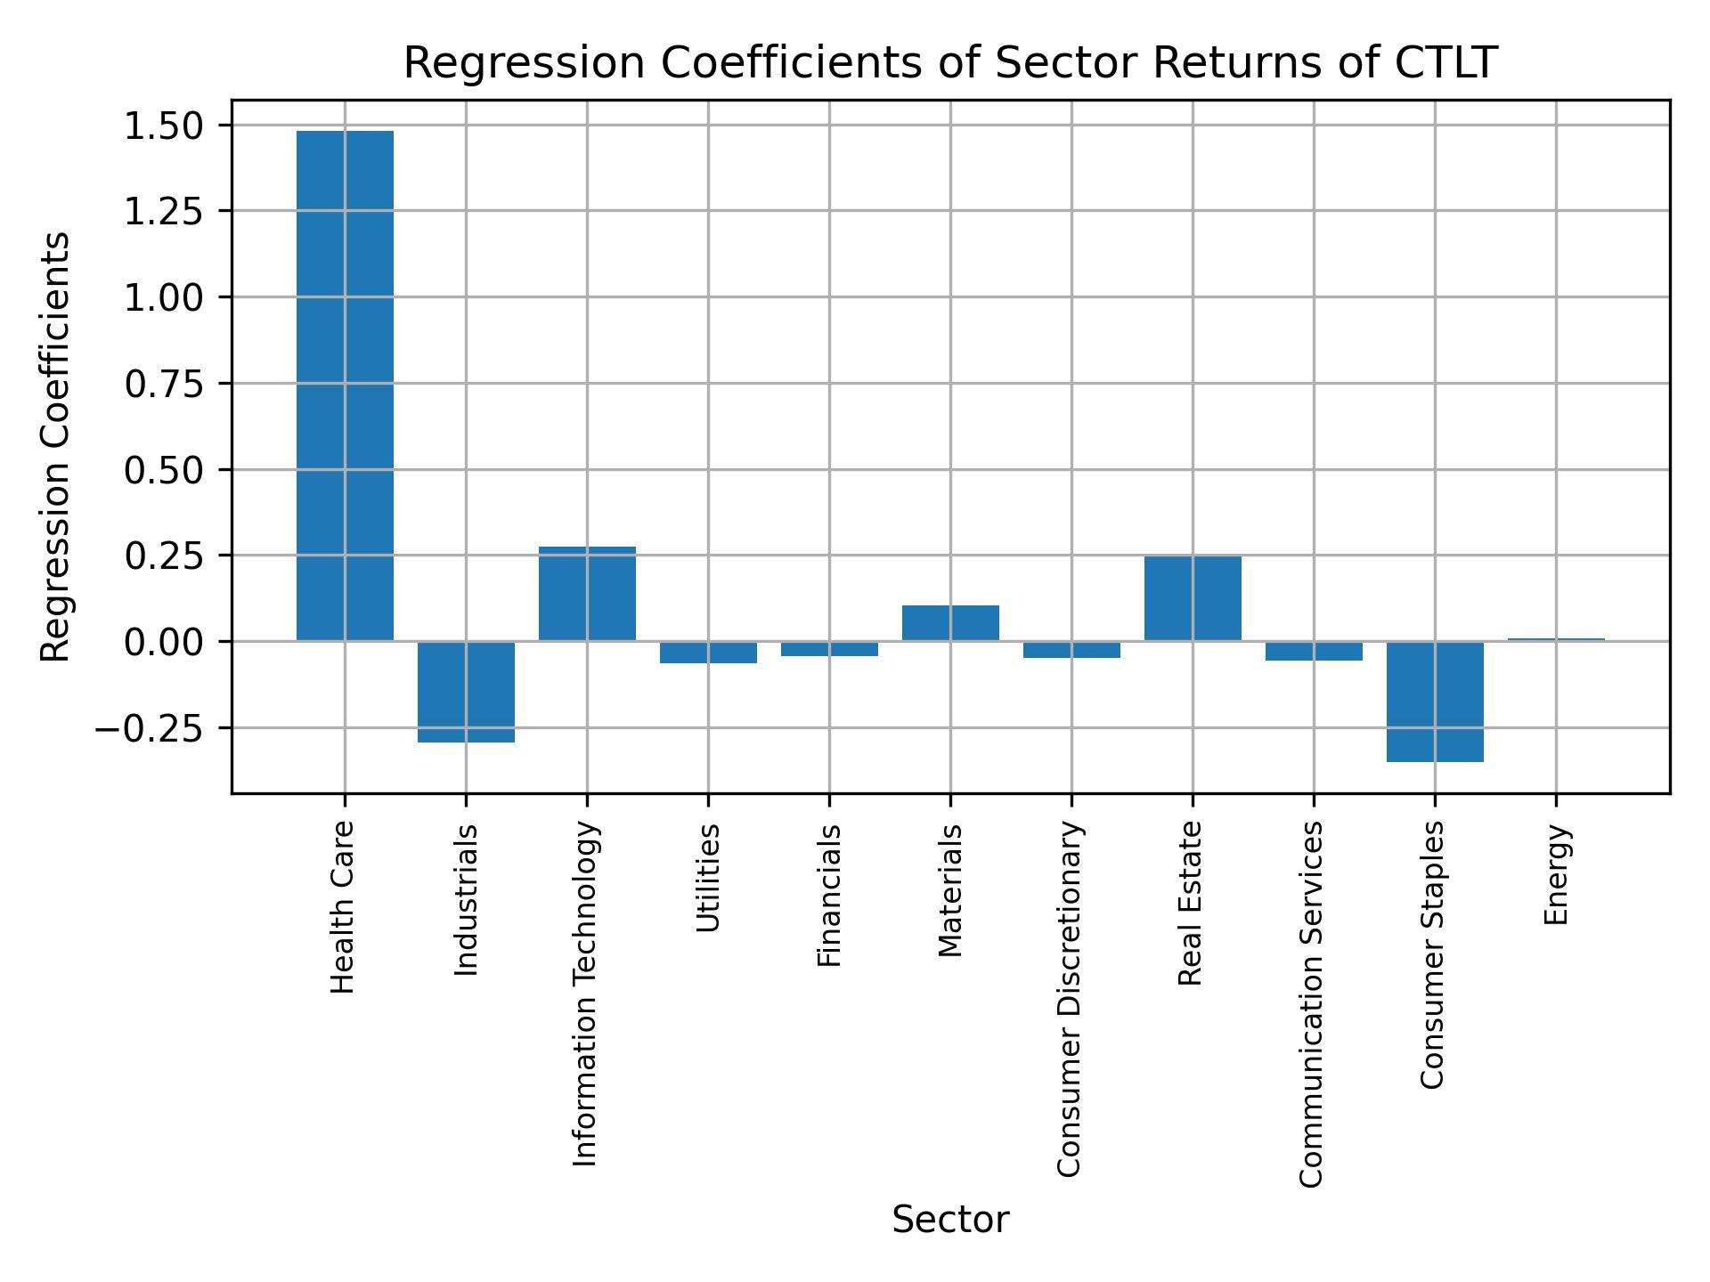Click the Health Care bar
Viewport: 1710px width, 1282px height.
tap(345, 385)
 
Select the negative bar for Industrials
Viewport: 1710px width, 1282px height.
tap(466, 692)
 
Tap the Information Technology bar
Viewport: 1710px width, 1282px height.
tap(587, 594)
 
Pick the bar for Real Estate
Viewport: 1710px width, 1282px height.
tap(1193, 598)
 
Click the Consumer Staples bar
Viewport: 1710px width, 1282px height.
tap(1435, 702)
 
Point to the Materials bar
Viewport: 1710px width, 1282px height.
tap(950, 623)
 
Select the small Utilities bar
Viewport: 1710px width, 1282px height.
tap(708, 653)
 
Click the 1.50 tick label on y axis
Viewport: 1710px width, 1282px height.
tap(164, 126)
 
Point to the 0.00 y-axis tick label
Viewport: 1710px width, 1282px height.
tap(164, 642)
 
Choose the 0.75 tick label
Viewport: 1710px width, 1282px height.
tap(164, 384)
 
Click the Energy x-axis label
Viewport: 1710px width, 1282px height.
tap(1556, 875)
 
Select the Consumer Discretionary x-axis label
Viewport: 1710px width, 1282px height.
tap(1071, 1000)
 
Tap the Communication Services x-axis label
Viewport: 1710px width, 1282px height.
tap(1312, 1004)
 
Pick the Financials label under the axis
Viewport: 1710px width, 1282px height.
tap(829, 896)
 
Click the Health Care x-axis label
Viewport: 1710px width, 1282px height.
tap(344, 907)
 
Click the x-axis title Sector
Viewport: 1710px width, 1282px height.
tap(950, 1220)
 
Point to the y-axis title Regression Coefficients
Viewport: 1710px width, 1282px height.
tap(56, 446)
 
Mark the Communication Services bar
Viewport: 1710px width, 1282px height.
tap(1314, 651)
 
